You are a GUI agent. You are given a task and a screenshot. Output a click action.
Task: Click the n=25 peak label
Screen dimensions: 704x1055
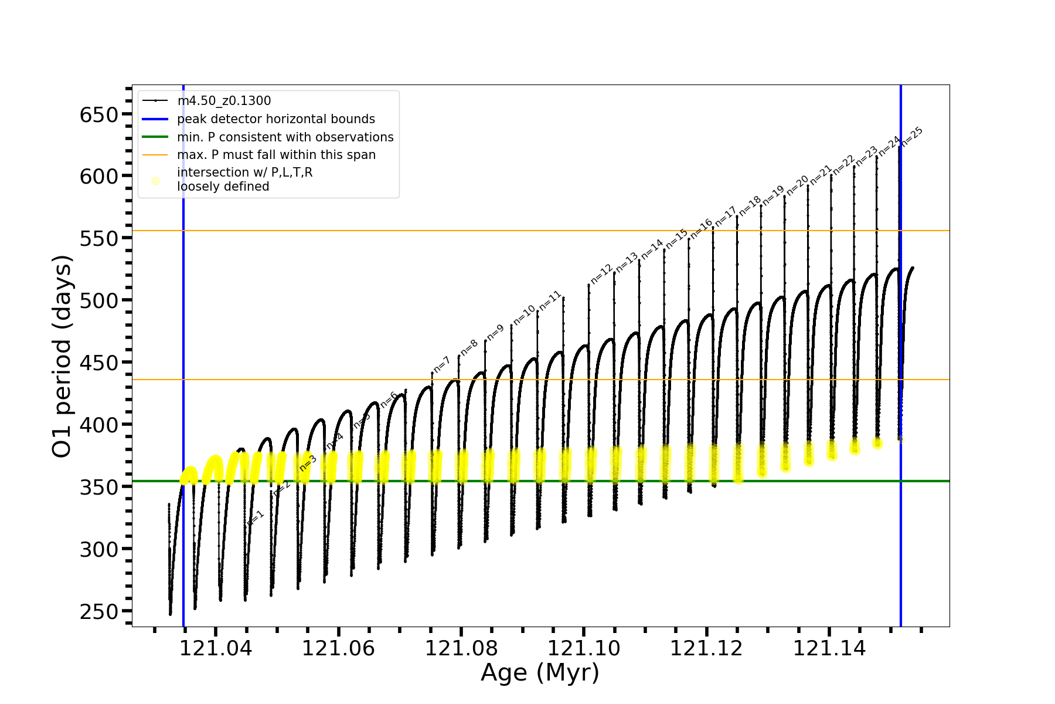pos(912,137)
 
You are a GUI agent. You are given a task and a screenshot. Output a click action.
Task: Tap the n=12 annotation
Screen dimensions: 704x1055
pos(601,274)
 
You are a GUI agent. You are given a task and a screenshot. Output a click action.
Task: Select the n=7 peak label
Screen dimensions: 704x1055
pos(442,364)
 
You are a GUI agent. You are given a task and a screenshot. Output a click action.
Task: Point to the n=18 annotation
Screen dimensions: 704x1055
pos(750,206)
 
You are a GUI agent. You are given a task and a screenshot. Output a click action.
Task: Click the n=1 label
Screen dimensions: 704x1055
pos(256,518)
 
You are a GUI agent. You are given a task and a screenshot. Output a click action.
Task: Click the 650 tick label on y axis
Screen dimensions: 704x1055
pos(99,115)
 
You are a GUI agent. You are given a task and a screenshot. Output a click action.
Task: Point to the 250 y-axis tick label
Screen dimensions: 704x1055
pos(99,612)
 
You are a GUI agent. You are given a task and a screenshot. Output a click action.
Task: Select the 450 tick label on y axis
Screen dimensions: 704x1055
pos(99,363)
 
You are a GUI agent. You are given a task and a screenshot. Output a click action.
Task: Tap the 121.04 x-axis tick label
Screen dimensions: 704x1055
pos(216,649)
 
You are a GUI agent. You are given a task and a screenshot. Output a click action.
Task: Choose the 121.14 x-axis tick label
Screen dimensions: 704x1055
pos(829,649)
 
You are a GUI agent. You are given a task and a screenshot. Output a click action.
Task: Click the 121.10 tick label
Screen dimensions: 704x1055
pos(584,649)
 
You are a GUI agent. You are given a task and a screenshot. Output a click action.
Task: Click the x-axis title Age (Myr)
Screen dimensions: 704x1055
pos(540,673)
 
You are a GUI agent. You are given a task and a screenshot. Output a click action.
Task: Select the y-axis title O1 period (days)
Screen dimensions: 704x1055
pos(62,356)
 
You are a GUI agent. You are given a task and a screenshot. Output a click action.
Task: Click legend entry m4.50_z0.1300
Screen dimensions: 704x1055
pos(224,101)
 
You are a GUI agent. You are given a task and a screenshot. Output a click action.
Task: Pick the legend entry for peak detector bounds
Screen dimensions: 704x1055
pos(275,119)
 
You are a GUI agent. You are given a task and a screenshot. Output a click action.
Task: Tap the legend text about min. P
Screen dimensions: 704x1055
pos(285,137)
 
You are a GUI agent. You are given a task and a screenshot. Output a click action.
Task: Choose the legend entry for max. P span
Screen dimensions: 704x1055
pos(276,155)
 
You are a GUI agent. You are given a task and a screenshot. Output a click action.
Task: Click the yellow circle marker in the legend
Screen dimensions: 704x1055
pos(155,181)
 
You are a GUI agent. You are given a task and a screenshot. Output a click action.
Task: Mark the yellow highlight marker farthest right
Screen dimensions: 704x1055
pos(901,439)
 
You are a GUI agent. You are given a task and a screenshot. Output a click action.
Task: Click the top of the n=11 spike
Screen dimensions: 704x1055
pos(563,297)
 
